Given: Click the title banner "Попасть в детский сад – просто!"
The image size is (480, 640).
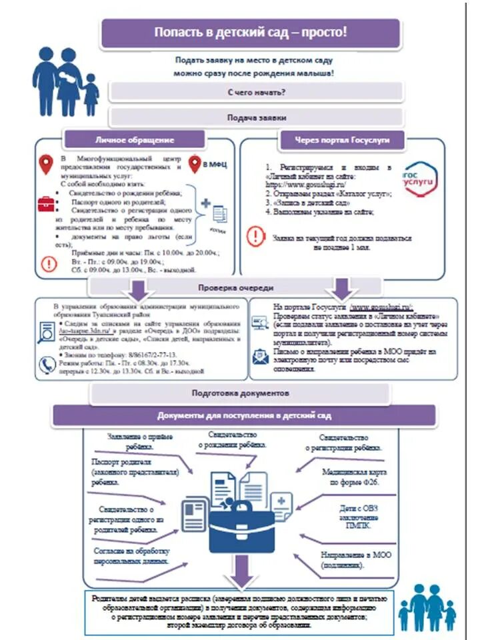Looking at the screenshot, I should [251, 33].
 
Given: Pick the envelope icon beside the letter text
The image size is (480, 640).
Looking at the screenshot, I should [259, 355].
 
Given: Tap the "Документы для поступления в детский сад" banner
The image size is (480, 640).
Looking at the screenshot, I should [244, 415].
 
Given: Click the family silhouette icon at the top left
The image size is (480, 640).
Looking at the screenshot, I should [65, 80].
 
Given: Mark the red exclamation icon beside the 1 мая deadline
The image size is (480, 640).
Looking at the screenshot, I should [256, 236].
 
